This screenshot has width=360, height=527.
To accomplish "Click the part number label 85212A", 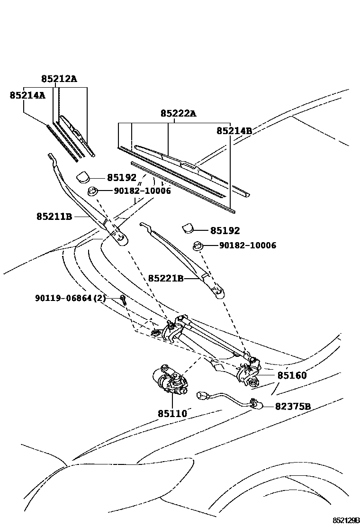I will click(x=58, y=79).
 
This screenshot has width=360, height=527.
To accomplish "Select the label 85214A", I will click(x=27, y=95).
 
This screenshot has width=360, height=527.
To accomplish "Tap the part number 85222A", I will click(x=178, y=113).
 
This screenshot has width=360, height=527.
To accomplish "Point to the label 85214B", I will click(x=234, y=130).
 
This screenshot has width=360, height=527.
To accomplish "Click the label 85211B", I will click(x=54, y=217).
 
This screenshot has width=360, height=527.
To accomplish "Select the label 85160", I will click(x=292, y=376).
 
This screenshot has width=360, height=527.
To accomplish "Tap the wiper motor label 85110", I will click(x=172, y=414).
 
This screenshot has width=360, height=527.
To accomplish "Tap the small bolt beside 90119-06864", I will click(x=123, y=299).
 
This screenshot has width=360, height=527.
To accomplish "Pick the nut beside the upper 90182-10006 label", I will click(x=93, y=191).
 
